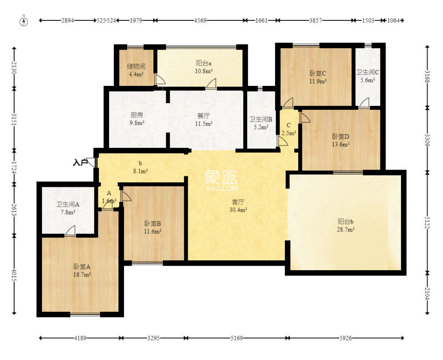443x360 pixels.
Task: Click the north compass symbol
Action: coord(24,21)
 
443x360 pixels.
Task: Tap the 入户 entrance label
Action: coord(80,163)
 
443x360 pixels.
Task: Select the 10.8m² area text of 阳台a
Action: coord(204,71)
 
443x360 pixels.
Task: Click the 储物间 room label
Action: coord(136,66)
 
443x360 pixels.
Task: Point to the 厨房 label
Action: coord(137,115)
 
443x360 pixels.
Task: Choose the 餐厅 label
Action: coord(204,116)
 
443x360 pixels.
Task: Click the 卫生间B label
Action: coord(261,120)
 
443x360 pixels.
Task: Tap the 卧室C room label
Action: coord(318,74)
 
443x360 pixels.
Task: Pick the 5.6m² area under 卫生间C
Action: coord(368,80)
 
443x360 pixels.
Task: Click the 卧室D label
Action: coord(340,137)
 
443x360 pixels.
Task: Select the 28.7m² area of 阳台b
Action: coord(346,229)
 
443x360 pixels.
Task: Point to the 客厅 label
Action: coord(238,202)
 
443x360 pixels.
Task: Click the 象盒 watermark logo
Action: coord(221,180)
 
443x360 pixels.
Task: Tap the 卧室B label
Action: coord(152,224)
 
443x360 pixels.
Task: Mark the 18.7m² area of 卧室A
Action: coord(82,275)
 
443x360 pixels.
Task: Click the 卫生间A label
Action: coord(68,205)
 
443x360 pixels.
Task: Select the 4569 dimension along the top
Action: coord(200,20)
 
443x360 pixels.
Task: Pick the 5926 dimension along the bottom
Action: coord(346,338)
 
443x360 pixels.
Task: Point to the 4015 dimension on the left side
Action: coord(14,274)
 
